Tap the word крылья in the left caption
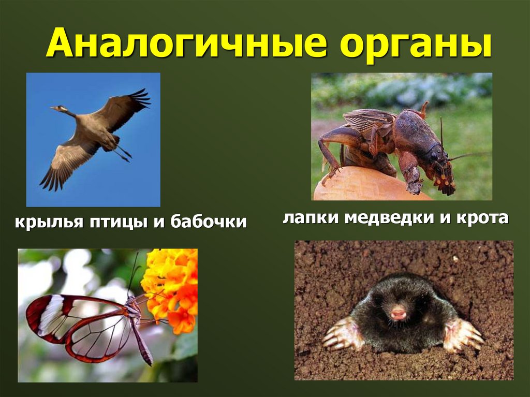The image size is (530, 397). tap(47, 223)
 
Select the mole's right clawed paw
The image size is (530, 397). tap(462, 335)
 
